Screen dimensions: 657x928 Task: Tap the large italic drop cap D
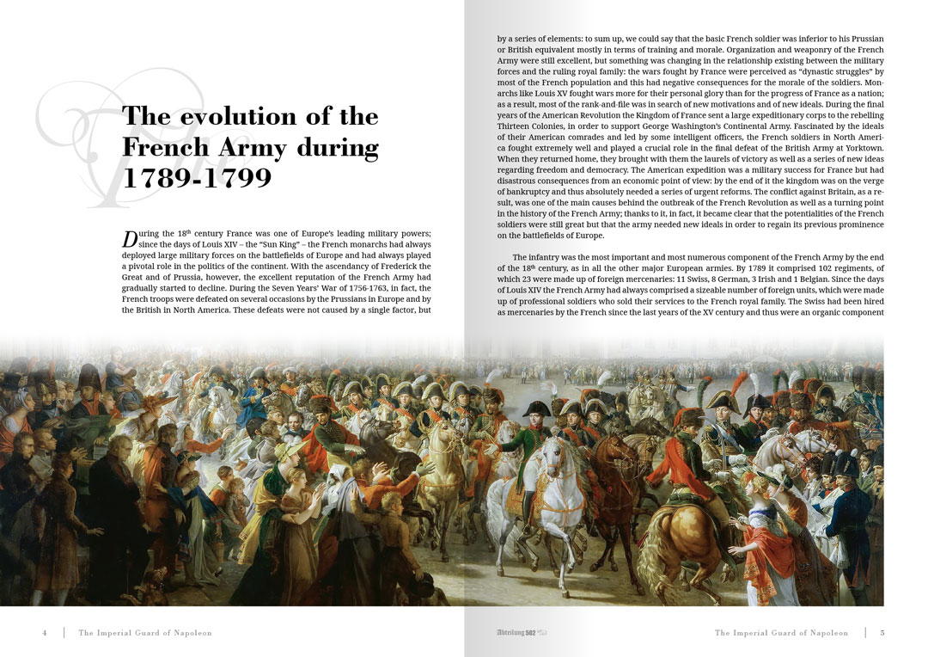pyautogui.click(x=130, y=238)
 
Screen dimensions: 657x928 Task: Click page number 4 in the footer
pyautogui.click(x=45, y=633)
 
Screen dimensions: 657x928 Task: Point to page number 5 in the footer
pyautogui.click(x=882, y=633)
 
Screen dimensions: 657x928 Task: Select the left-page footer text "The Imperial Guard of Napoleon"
pyautogui.click(x=145, y=633)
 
